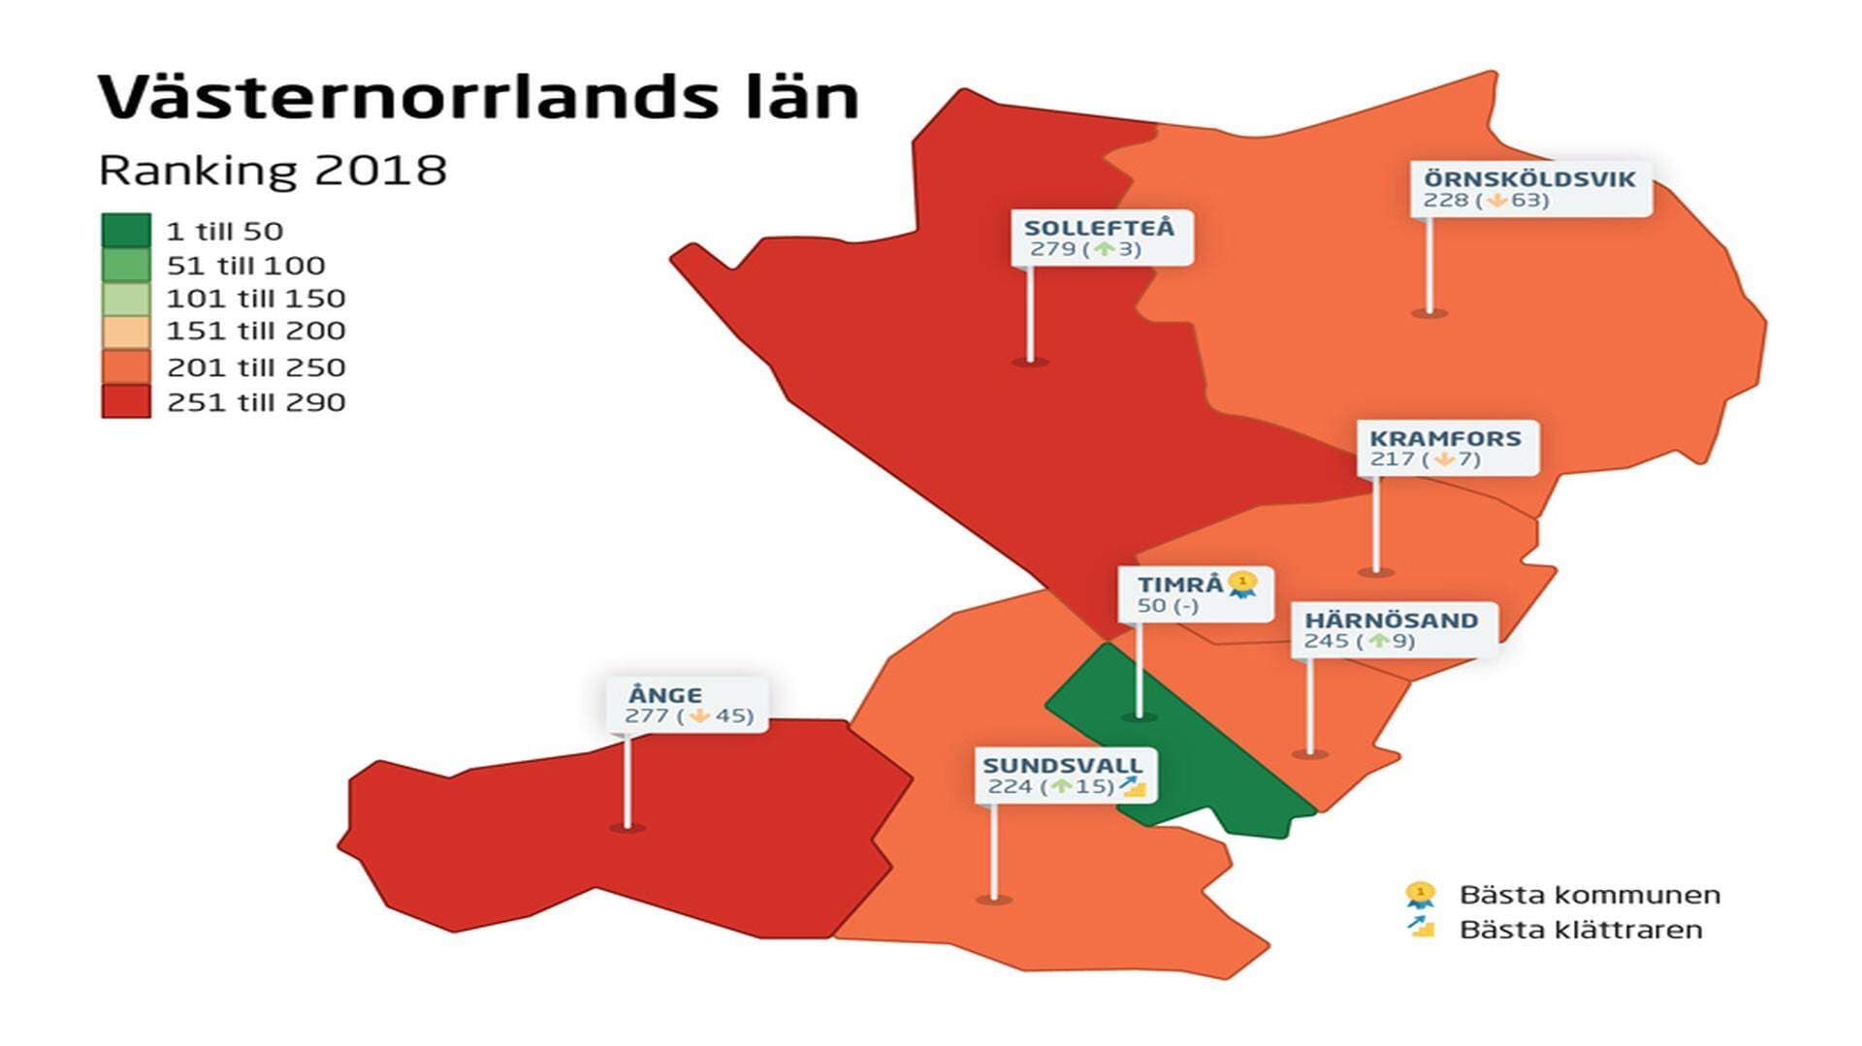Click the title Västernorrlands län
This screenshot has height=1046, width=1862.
click(x=478, y=97)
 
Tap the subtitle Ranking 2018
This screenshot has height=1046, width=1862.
click(x=273, y=171)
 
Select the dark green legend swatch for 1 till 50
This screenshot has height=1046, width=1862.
click(x=126, y=231)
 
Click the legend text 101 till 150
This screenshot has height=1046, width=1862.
click(x=255, y=299)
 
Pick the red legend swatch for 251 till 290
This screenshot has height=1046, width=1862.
click(x=126, y=401)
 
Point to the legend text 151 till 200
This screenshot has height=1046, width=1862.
click(x=255, y=332)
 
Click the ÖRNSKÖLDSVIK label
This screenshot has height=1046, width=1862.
click(x=1529, y=179)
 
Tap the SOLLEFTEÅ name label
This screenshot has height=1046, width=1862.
click(x=1099, y=228)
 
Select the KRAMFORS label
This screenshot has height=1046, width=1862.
click(x=1445, y=438)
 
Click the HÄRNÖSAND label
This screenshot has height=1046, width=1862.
click(x=1391, y=620)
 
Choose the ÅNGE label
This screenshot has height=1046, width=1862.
click(x=665, y=695)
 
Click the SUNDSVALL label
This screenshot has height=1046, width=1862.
click(x=1063, y=765)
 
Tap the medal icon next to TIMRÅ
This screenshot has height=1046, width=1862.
click(x=1242, y=585)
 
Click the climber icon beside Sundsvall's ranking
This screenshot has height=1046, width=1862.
click(x=1133, y=786)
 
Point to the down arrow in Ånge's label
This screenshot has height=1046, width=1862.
click(x=699, y=716)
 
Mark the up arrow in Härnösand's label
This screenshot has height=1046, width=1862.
click(x=1378, y=642)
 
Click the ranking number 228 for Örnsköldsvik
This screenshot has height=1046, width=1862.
click(x=1445, y=201)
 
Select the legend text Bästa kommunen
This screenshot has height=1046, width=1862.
click(x=1589, y=895)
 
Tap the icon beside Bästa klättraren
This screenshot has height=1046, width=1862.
click(x=1421, y=928)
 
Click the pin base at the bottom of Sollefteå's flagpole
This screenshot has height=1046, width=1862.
click(x=1030, y=362)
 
